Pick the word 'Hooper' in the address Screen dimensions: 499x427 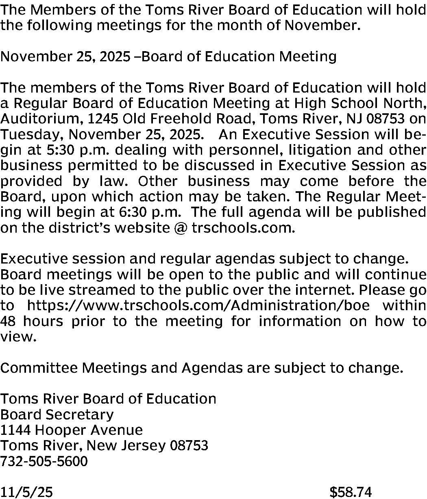click(x=62, y=430)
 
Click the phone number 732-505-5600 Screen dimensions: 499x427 click(x=44, y=461)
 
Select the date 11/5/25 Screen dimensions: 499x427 click(x=26, y=492)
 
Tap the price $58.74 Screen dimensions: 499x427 click(x=351, y=492)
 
